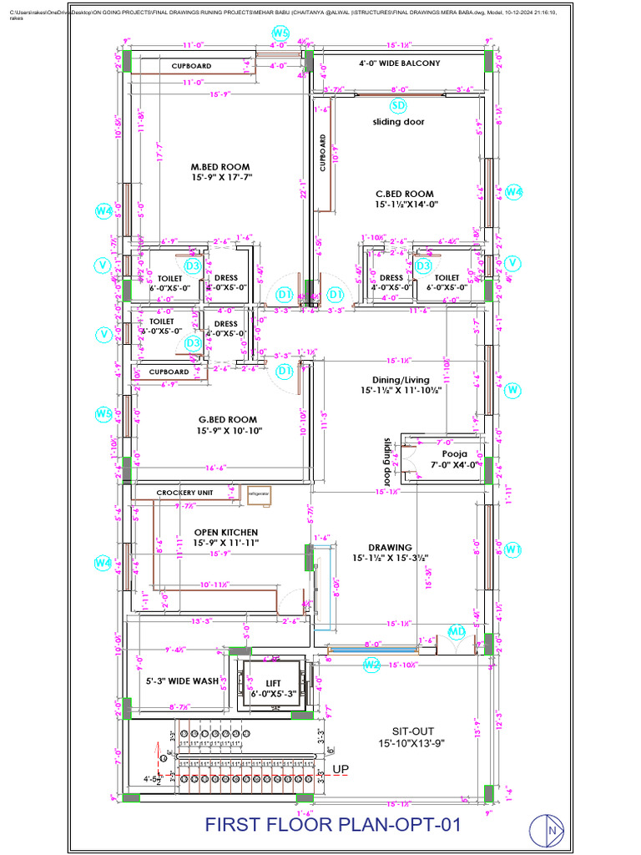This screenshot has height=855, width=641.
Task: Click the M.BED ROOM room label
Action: coord(220,167)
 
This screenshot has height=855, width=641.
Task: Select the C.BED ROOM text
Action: coord(405,194)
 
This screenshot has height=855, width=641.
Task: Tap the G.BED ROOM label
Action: coord(227,420)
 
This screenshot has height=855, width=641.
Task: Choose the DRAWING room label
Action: coord(390,548)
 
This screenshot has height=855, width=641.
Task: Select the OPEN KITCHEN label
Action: coord(226,532)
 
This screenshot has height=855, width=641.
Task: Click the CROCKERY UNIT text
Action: coord(184,493)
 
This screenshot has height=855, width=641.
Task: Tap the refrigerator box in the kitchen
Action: coord(259,493)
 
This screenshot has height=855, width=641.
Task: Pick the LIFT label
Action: coord(274,682)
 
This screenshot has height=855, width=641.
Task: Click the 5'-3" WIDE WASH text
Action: coord(182,680)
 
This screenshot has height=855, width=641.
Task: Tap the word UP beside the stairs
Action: coord(341,769)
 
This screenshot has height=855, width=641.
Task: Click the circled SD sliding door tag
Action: coord(398,105)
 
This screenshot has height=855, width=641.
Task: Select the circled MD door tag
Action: coord(457,631)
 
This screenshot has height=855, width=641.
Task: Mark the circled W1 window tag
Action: coord(512,549)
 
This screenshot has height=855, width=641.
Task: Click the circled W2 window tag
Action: coord(371,665)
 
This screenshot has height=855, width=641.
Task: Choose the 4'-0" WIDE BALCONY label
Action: coord(399,63)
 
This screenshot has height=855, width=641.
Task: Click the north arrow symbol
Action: coord(552,830)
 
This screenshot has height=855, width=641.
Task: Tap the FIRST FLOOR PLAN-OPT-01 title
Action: coord(333,825)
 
